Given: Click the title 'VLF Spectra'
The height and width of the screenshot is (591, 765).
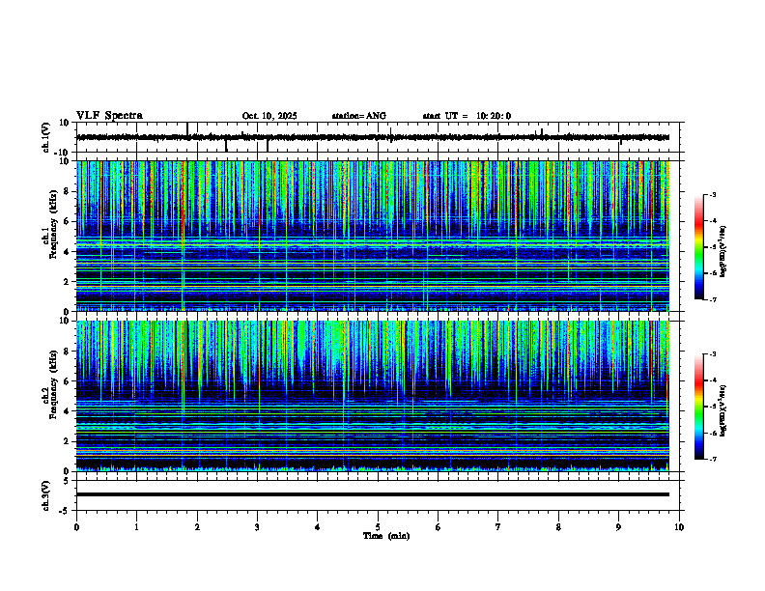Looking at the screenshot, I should (x=109, y=116).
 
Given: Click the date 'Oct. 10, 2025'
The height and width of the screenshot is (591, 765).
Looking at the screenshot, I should (x=269, y=116).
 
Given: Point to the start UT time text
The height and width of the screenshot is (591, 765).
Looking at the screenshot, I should (x=467, y=116).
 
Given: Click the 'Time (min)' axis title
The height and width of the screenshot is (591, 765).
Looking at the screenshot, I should (x=385, y=535).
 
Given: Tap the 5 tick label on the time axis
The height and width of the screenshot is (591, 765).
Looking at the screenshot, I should (x=378, y=526).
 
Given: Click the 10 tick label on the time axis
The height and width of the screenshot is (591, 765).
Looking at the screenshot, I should (x=679, y=526).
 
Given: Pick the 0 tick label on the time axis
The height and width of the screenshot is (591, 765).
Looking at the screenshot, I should (x=76, y=526).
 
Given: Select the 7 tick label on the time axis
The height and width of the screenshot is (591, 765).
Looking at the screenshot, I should (x=498, y=526).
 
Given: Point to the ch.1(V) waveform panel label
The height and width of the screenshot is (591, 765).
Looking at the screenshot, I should (x=45, y=137).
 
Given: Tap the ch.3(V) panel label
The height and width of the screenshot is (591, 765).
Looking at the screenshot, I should (x=45, y=493).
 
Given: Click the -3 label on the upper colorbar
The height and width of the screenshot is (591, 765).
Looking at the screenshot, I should (x=712, y=195).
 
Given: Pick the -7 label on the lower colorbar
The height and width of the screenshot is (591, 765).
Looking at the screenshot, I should (x=712, y=460).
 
